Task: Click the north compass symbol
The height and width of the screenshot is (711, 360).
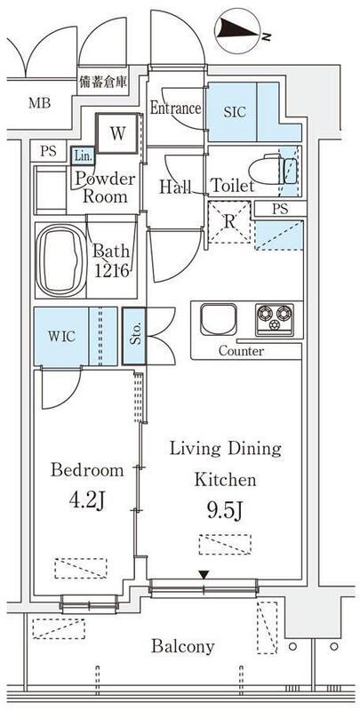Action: pos(238,30)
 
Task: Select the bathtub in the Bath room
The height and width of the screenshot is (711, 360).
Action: pos(60,260)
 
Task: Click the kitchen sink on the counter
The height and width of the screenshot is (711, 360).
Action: pos(219,319)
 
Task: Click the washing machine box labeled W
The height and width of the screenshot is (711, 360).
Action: pos(117,132)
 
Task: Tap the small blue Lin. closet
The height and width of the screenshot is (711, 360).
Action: pos(83,156)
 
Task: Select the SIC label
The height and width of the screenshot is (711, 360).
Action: pos(235,112)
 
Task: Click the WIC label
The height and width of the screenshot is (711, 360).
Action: pos(62,337)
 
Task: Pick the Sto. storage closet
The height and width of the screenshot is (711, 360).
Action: pos(133,336)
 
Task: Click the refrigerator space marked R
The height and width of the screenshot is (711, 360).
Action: pos(229,222)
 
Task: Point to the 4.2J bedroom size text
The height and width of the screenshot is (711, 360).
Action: pos(86,500)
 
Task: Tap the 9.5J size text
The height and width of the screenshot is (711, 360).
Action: pos(225,512)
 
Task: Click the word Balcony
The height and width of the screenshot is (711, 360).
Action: pos(183,646)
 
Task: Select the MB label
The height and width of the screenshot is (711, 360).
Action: pos(39,103)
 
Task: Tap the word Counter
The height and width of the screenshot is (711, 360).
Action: pos(241,351)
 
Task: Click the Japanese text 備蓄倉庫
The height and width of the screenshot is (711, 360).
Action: pos(103,82)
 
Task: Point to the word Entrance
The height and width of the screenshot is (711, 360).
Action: pos(175,108)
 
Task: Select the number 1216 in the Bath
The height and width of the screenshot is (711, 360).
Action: pos(112,271)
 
